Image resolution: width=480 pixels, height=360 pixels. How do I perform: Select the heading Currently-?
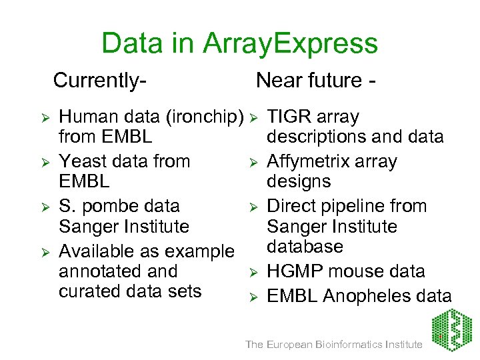point(100,81)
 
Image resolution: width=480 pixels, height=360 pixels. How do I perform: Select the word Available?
point(97,251)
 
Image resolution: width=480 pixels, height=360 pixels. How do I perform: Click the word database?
point(305,247)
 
